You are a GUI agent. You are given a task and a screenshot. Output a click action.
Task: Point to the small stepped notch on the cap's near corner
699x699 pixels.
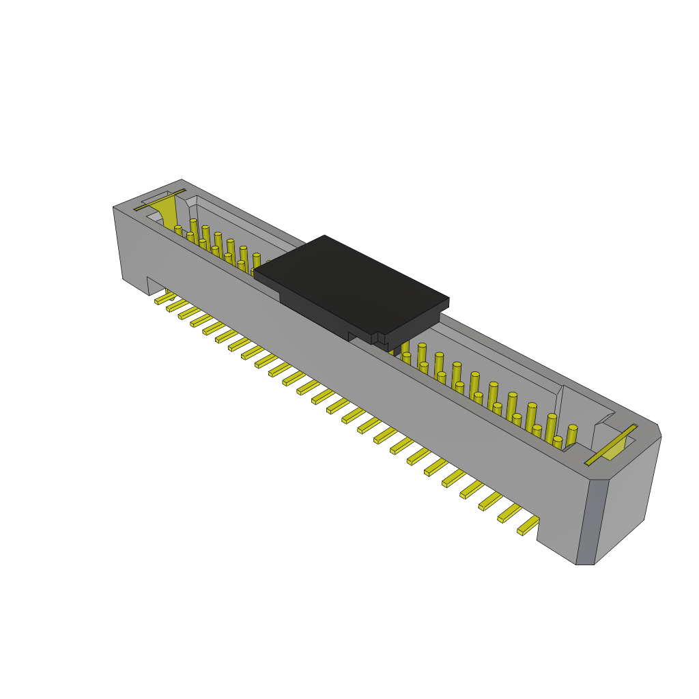[376, 339]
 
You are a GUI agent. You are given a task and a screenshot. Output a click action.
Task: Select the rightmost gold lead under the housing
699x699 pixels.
[528, 526]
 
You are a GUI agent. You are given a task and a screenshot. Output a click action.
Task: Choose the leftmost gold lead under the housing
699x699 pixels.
[163, 298]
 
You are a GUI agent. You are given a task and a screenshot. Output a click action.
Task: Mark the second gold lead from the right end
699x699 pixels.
[509, 514]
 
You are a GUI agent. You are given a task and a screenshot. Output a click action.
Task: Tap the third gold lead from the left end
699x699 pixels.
[188, 313]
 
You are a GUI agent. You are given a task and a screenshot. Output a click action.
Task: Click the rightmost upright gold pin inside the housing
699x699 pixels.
[571, 435]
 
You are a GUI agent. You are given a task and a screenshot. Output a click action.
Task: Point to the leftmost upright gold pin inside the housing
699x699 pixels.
[178, 230]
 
